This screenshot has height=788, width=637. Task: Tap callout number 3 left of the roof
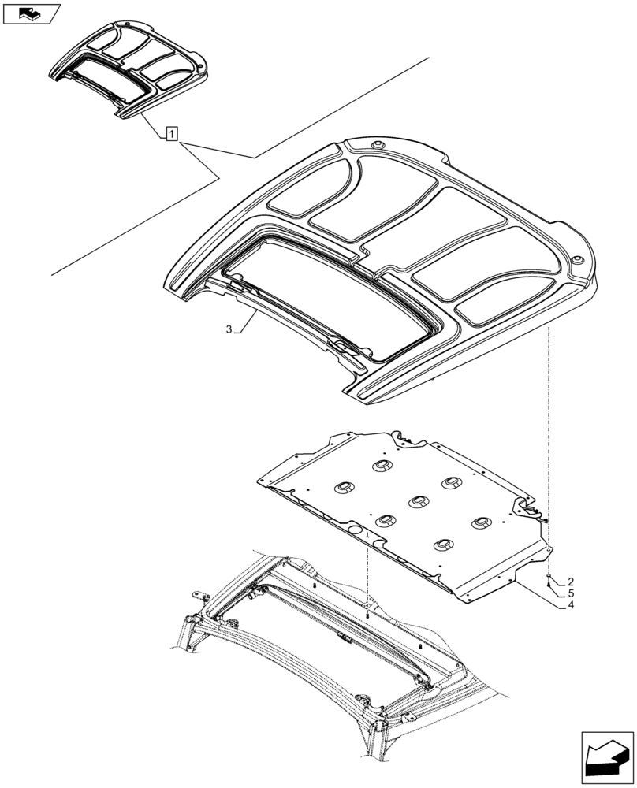point(229,330)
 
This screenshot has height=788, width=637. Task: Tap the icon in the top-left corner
point(32,13)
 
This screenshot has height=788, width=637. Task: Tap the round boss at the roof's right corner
point(578,261)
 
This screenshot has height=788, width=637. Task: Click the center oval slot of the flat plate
point(416,500)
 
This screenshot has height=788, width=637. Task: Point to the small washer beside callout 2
point(546,577)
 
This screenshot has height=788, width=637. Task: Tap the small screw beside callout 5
point(546,586)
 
